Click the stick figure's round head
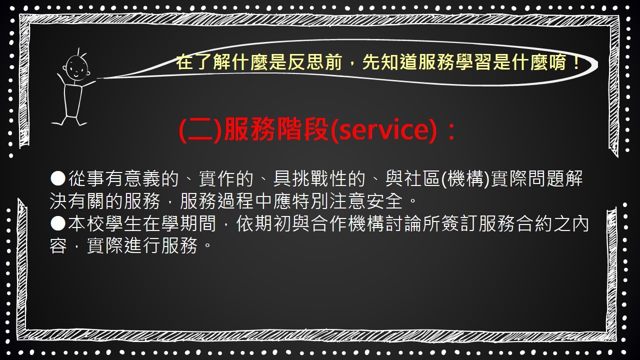tap(76, 67)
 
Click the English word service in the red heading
tap(383, 130)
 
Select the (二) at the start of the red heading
tap(199, 130)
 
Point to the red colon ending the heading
tap(451, 131)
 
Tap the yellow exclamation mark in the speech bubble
tap(575, 62)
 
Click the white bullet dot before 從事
tap(58, 178)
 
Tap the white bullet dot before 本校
tap(58, 223)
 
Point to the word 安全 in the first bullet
tap(385, 201)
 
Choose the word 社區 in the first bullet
tap(422, 178)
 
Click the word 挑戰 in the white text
tap(310, 178)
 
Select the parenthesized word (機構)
tap(465, 178)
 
